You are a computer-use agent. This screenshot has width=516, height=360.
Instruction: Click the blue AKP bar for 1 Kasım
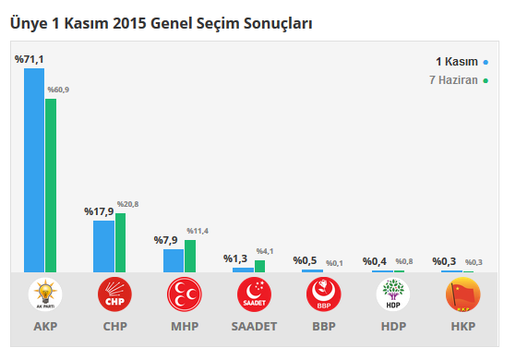click(x=34, y=170)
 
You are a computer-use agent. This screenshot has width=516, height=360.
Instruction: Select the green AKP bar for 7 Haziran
click(x=51, y=185)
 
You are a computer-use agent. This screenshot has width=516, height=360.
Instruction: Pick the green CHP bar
click(x=120, y=242)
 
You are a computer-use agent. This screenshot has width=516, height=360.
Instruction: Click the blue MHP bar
click(x=173, y=260)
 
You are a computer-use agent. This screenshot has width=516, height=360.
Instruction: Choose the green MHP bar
click(x=190, y=256)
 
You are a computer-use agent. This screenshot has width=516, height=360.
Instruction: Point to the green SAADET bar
click(x=259, y=266)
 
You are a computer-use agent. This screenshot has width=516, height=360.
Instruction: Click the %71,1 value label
click(x=29, y=59)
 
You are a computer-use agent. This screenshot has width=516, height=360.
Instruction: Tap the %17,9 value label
click(x=99, y=211)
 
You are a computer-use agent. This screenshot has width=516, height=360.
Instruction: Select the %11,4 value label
click(x=198, y=231)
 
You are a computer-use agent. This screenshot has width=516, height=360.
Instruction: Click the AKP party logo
click(x=44, y=295)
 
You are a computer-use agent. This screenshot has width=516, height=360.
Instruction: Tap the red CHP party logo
click(x=114, y=295)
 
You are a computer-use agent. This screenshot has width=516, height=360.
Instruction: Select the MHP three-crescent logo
click(x=184, y=295)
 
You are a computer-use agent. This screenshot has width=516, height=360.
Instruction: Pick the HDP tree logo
click(x=392, y=295)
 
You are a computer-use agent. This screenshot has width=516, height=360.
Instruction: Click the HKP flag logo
click(x=462, y=295)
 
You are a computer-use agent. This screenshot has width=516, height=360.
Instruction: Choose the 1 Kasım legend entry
click(x=462, y=62)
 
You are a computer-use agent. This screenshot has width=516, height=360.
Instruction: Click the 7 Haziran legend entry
click(x=459, y=80)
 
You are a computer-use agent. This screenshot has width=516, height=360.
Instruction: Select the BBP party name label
click(x=323, y=327)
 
